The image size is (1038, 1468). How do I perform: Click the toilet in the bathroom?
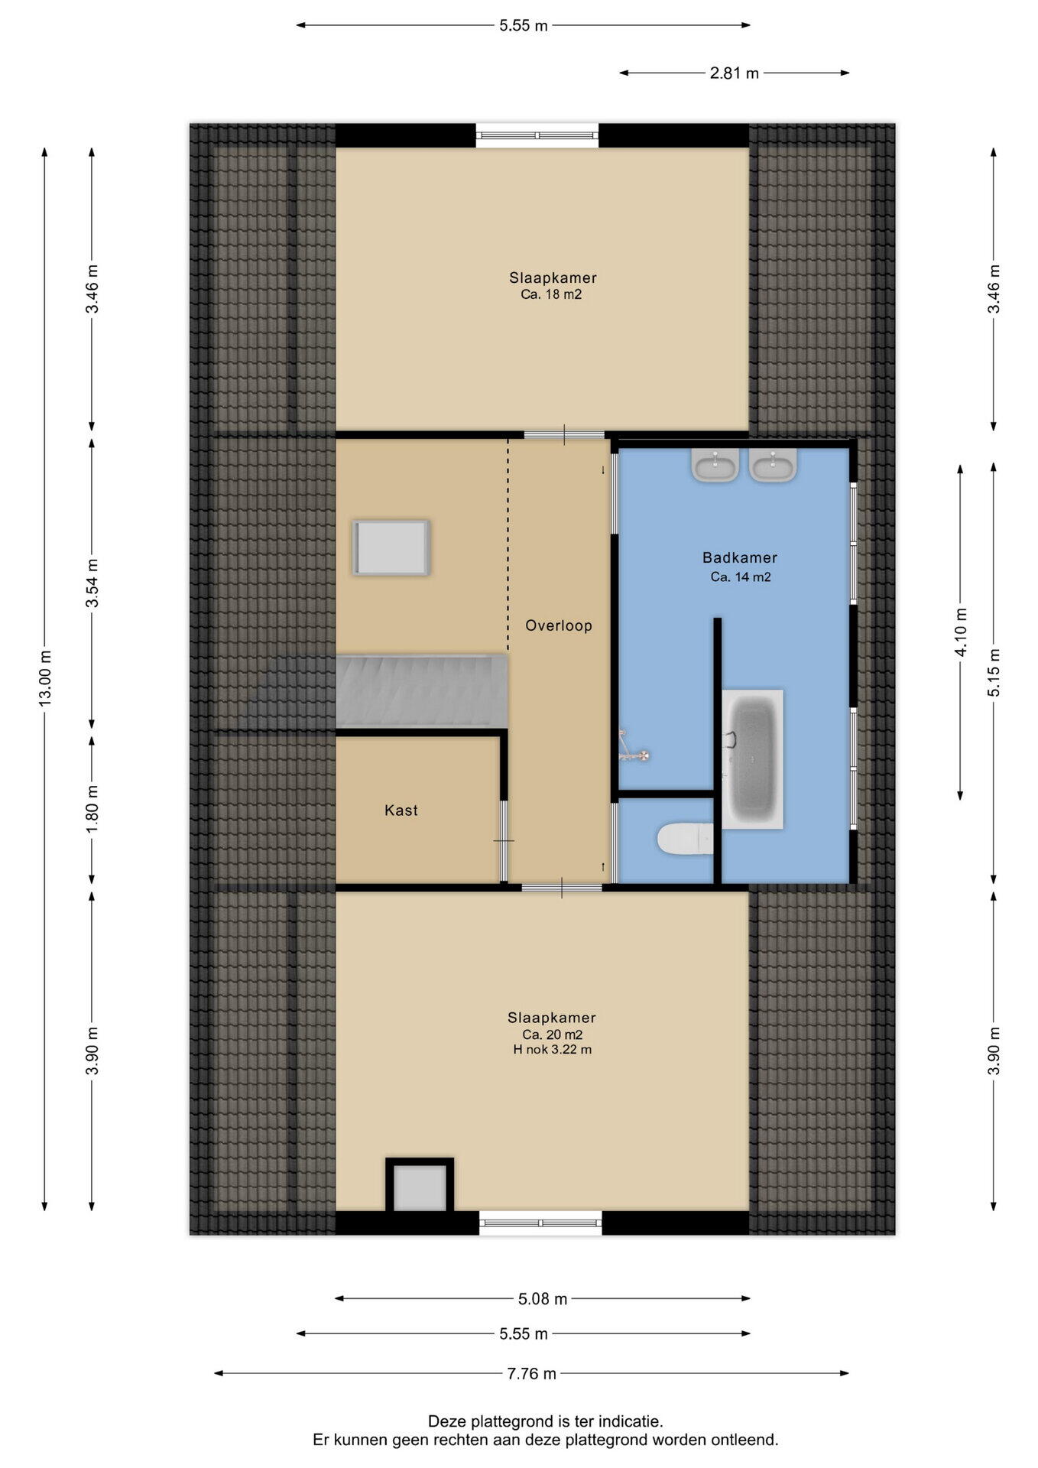(685, 839)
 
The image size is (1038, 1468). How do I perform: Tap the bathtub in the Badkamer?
(753, 758)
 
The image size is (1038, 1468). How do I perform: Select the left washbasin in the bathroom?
(715, 464)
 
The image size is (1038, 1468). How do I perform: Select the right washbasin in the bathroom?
(774, 464)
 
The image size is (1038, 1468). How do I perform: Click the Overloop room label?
(559, 625)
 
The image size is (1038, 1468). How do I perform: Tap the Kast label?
(401, 810)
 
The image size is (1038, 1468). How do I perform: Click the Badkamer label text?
(740, 558)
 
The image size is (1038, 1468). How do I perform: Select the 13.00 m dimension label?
(46, 678)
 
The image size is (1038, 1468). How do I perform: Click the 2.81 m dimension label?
(735, 73)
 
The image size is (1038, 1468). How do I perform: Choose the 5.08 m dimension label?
(543, 1299)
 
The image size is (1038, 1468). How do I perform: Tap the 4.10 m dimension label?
(962, 632)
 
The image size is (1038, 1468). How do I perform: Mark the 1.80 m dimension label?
(92, 810)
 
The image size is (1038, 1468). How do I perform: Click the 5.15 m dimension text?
(994, 673)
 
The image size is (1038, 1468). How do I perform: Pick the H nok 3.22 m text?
(553, 1050)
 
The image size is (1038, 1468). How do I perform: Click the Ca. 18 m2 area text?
(551, 294)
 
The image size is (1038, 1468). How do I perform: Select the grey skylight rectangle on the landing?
(391, 547)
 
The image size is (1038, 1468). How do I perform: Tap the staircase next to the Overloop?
(422, 690)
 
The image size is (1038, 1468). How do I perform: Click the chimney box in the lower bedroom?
(420, 1186)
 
